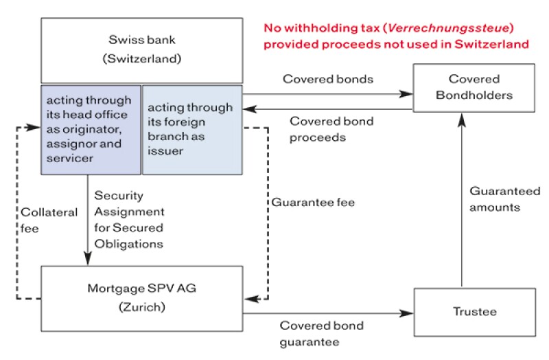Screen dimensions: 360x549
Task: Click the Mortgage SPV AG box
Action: click(141, 297)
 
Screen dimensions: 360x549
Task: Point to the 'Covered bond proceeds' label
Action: click(331, 129)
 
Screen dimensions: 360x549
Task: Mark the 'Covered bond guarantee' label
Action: click(321, 333)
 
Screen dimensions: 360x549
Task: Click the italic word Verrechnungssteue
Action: click(430, 29)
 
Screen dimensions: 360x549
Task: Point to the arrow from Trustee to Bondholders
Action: click(462, 199)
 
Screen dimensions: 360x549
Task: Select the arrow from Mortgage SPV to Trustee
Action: click(323, 314)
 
